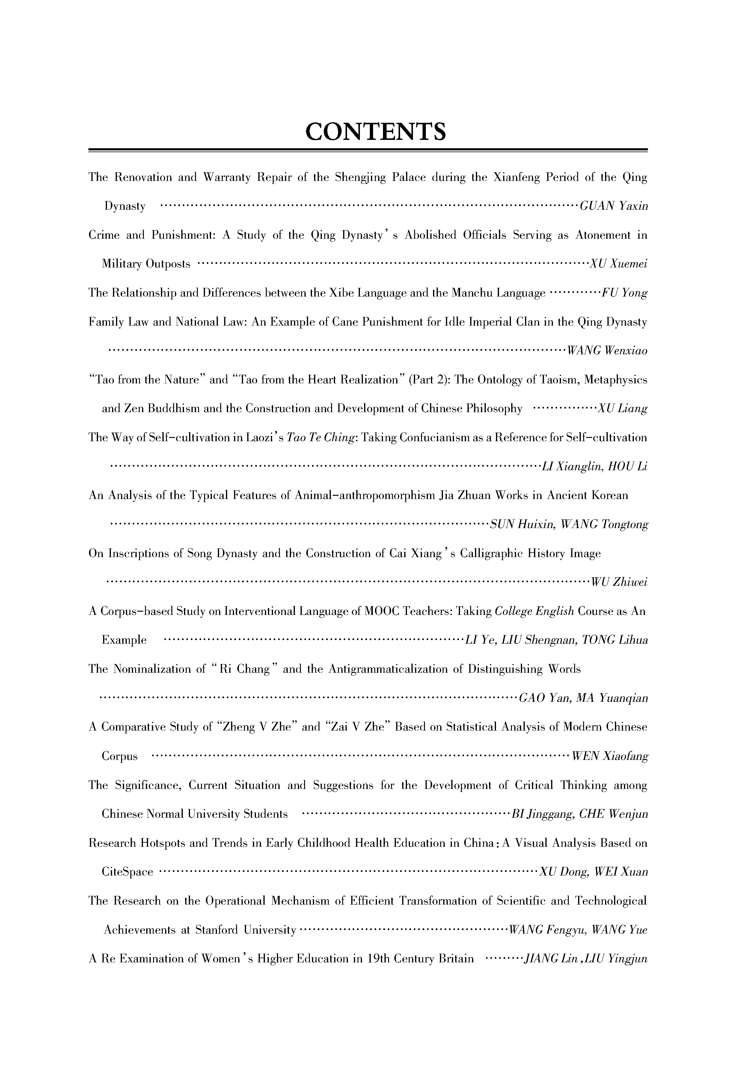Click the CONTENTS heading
376,132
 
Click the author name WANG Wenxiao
607,351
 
